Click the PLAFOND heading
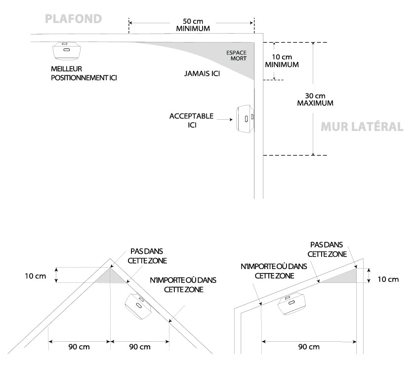(73, 19)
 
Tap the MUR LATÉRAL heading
(362, 127)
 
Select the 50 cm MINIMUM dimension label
(193, 25)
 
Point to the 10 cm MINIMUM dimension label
(282, 60)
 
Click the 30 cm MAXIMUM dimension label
(315, 99)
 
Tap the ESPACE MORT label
(236, 55)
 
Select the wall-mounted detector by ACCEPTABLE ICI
(244, 119)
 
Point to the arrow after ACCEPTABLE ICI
(224, 120)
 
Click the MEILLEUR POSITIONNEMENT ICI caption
(83, 73)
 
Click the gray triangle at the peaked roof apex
(114, 276)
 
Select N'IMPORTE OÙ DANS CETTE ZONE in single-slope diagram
(273, 271)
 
